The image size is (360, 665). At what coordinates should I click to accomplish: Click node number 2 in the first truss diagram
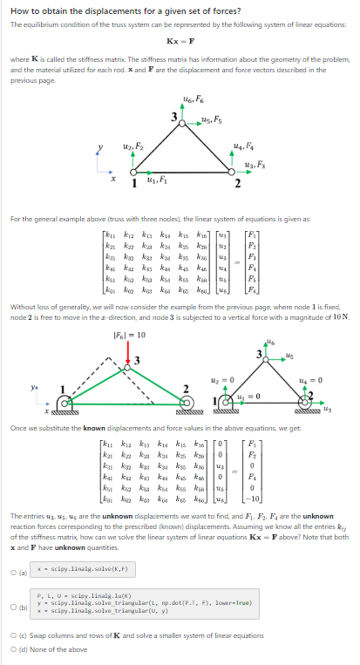(x=237, y=184)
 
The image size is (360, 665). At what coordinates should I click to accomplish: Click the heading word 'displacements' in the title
(x=98, y=11)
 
